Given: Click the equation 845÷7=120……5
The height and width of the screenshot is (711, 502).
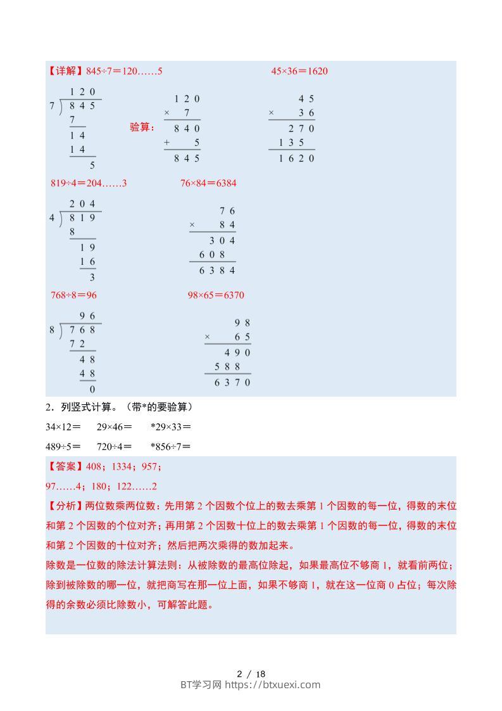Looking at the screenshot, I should coord(124,71).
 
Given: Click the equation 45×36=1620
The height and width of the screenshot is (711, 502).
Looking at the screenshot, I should coord(299,71).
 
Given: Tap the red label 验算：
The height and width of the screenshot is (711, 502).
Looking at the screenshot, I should coord(142,127).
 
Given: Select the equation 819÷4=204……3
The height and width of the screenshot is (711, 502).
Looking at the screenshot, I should coord(89,183).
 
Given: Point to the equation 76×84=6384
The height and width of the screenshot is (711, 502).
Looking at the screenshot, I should coord(208,183).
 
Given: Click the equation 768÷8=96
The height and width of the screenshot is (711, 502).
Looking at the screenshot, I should coord(73,295).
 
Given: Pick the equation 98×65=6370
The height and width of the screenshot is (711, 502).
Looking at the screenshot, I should coord(216,295).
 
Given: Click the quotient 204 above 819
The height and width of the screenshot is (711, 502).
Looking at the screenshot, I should coord(82,204).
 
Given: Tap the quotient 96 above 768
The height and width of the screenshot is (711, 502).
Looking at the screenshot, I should coord(87,316).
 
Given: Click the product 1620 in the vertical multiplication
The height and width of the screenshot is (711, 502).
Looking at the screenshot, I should coord(296,158).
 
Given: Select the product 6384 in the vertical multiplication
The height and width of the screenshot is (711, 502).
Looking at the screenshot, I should coord(217,271).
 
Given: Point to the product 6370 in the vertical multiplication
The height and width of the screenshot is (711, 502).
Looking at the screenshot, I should coord(232,383).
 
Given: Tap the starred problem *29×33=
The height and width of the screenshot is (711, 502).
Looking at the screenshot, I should coord(171,427).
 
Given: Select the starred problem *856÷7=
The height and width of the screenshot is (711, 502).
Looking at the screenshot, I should coord(171,446).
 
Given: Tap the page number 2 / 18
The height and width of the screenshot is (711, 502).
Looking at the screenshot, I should coord(251,674).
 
